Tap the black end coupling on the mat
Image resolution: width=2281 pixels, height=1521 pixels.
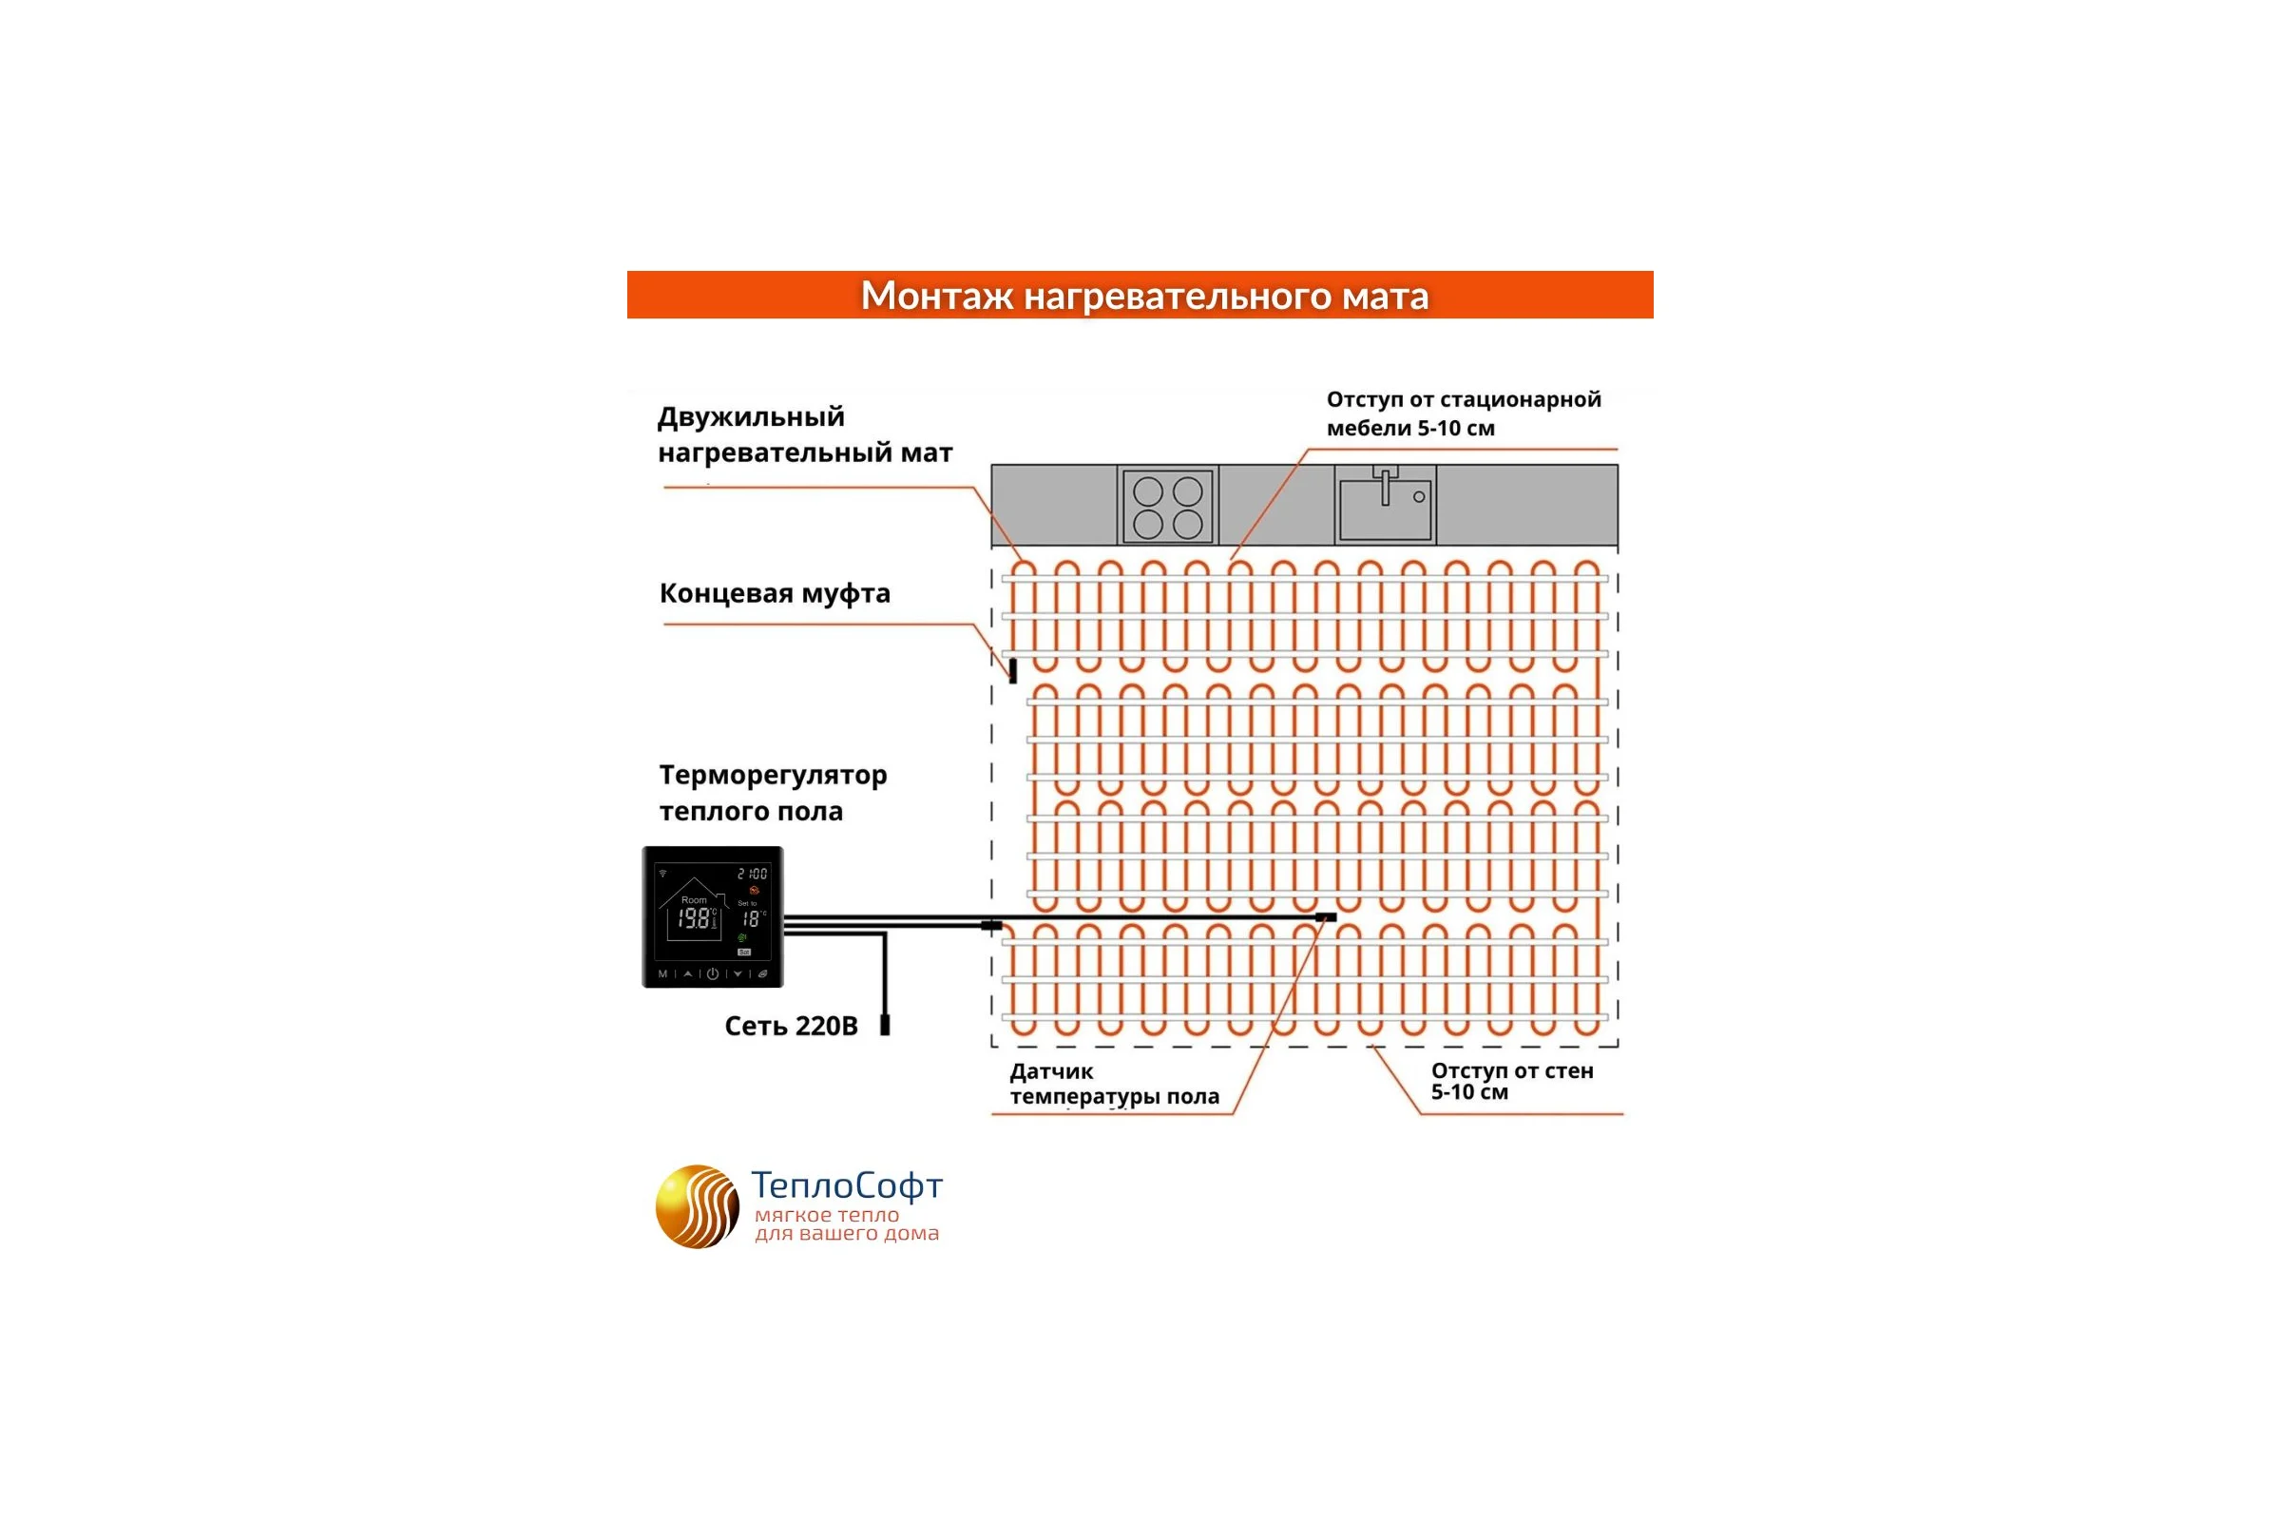click(1012, 670)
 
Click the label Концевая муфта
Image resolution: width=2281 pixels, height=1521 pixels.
click(775, 593)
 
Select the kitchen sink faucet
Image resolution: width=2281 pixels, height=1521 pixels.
click(1385, 484)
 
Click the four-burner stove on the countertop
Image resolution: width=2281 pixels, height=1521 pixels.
click(1168, 506)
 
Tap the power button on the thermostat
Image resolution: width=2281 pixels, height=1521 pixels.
click(713, 973)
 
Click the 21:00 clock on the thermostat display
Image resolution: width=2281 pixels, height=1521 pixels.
click(753, 874)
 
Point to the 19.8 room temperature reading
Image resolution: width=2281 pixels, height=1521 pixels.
click(695, 918)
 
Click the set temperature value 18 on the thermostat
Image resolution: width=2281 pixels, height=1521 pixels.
click(751, 918)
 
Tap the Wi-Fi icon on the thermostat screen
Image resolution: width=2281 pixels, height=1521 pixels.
click(663, 873)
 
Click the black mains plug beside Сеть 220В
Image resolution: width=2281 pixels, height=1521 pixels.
click(885, 1025)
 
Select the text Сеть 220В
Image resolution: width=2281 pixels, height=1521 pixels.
click(792, 1027)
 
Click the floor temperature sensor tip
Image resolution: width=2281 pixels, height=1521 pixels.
click(1326, 916)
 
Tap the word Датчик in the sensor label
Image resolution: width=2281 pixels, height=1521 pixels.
click(1051, 1072)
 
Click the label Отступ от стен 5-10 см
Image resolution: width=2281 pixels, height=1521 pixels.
click(1512, 1082)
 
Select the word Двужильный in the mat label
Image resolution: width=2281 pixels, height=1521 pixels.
click(752, 418)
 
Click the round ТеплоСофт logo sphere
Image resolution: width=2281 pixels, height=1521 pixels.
click(698, 1206)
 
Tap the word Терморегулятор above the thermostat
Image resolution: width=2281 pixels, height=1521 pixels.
click(773, 776)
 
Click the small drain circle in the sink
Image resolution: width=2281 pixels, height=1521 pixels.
click(1419, 496)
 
